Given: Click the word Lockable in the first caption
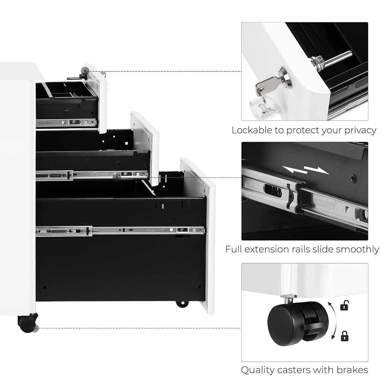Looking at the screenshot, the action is (x=252, y=130).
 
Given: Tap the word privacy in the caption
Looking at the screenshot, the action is (x=360, y=131).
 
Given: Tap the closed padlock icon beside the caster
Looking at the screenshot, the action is (x=344, y=336).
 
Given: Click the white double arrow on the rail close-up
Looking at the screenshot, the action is (x=306, y=170).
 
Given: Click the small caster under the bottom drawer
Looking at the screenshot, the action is (x=182, y=304).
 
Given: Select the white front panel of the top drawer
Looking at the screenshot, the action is (x=97, y=98).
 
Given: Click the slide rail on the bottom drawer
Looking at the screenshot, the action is (x=120, y=231).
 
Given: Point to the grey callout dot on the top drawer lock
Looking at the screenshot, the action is (x=85, y=71).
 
